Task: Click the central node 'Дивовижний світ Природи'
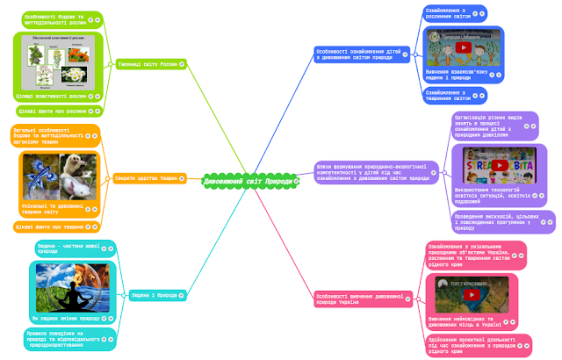[x=249, y=180]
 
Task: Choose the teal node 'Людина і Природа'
[x=155, y=295]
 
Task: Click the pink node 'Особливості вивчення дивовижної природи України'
[x=360, y=299]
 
